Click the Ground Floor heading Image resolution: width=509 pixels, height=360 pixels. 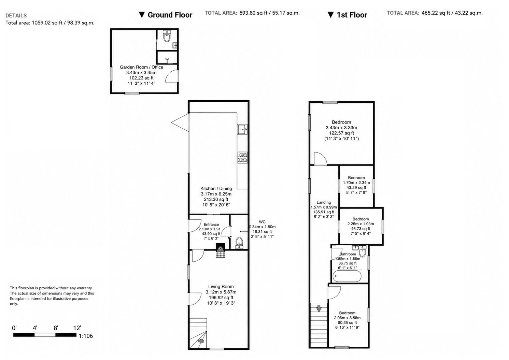[x=166, y=15]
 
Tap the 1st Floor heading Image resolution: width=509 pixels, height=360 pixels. [x=347, y=15]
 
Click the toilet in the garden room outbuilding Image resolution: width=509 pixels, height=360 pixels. [x=167, y=36]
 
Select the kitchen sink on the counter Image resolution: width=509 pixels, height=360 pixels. [x=242, y=130]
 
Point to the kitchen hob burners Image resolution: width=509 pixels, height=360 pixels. [x=242, y=157]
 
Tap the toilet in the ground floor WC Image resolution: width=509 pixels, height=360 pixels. [x=239, y=243]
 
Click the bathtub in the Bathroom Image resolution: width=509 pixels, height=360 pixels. [x=347, y=276]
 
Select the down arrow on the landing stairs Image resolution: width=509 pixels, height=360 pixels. [x=319, y=308]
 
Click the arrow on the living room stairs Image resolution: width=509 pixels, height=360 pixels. [x=201, y=341]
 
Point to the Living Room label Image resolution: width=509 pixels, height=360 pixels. [x=221, y=287]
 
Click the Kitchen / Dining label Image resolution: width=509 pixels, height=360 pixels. [x=216, y=188]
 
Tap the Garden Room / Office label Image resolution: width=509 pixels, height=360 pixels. [x=141, y=67]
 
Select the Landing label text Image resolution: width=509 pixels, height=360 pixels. [x=324, y=202]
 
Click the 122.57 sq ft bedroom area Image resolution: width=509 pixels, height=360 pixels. [x=341, y=133]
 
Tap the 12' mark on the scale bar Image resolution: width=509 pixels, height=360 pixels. [x=77, y=328]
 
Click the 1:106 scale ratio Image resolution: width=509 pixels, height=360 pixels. [x=86, y=336]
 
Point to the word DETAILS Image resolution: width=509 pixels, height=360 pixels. [x=16, y=16]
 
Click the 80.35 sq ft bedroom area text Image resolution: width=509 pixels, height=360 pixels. [x=347, y=322]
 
